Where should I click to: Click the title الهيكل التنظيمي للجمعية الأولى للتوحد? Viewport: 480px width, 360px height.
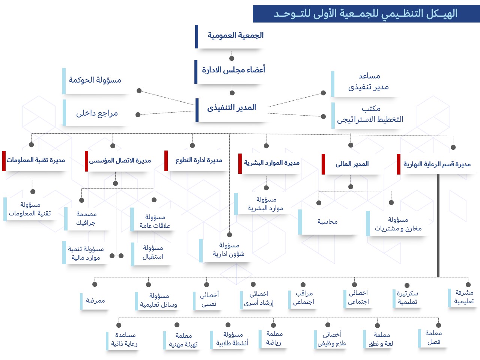click(366, 14)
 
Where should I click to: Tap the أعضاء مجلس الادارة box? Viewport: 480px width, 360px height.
click(233, 70)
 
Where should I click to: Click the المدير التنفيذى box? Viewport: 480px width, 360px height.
click(232, 108)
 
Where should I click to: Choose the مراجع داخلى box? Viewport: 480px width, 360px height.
click(97, 113)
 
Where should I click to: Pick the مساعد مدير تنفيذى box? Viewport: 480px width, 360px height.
click(368, 82)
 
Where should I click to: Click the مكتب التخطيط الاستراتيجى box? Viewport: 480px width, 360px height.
click(370, 114)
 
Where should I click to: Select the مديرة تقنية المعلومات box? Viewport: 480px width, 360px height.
click(36, 161)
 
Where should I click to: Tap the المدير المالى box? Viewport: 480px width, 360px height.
click(352, 164)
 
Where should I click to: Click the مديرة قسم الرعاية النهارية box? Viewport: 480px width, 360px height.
click(436, 164)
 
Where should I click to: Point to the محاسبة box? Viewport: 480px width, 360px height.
click(327, 222)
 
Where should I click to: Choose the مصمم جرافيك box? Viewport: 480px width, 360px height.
click(86, 218)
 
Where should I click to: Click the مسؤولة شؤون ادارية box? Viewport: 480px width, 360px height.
click(228, 250)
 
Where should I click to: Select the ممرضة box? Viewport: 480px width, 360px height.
click(95, 301)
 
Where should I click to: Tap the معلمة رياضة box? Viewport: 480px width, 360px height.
click(274, 338)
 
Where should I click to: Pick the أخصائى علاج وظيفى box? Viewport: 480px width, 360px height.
click(331, 339)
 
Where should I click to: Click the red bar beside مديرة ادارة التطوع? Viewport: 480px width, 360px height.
click(166, 161)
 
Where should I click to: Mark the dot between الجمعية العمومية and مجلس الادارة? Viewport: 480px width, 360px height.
click(232, 58)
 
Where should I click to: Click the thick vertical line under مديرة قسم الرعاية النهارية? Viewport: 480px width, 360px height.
click(438, 225)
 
